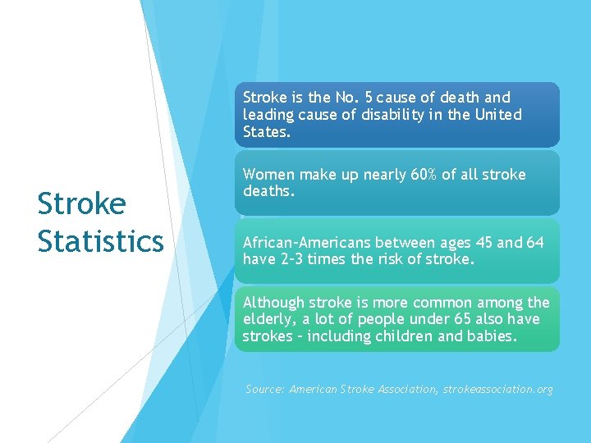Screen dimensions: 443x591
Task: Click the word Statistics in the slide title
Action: pos(100,241)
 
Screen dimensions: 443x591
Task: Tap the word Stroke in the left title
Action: pos(81,204)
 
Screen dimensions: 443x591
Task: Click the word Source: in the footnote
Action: pos(265,389)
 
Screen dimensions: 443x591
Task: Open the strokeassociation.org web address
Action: pos(498,389)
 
